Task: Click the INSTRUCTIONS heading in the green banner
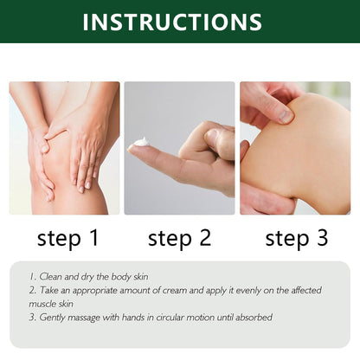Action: tap(179, 22)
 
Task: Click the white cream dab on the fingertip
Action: tap(141, 142)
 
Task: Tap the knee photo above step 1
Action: tap(65, 148)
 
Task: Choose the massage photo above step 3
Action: tap(295, 148)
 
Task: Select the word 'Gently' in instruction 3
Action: tap(56, 318)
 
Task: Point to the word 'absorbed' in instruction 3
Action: tap(249, 318)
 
